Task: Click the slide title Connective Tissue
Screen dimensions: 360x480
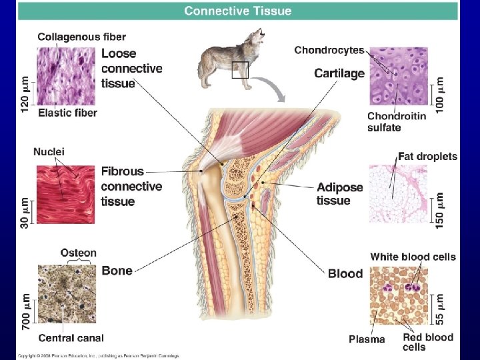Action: [237, 11]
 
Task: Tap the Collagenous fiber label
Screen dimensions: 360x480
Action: [81, 37]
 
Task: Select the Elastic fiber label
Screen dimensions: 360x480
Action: [67, 113]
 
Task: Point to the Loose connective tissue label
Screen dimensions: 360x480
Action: [131, 68]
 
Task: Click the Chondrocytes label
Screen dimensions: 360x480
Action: [329, 50]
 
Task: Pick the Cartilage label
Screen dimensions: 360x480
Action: [339, 73]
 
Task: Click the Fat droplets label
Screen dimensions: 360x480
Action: [427, 157]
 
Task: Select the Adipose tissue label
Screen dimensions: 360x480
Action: [340, 194]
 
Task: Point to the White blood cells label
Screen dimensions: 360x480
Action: [413, 257]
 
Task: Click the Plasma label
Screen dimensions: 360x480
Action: [367, 339]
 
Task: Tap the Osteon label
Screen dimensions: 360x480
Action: [79, 253]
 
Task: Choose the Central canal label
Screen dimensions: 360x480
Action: [71, 338]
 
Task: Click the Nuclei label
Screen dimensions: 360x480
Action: [49, 151]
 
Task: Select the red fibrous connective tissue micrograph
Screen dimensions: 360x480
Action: [66, 194]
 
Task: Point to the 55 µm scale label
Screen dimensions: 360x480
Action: [440, 307]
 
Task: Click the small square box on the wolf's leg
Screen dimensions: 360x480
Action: [240, 69]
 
